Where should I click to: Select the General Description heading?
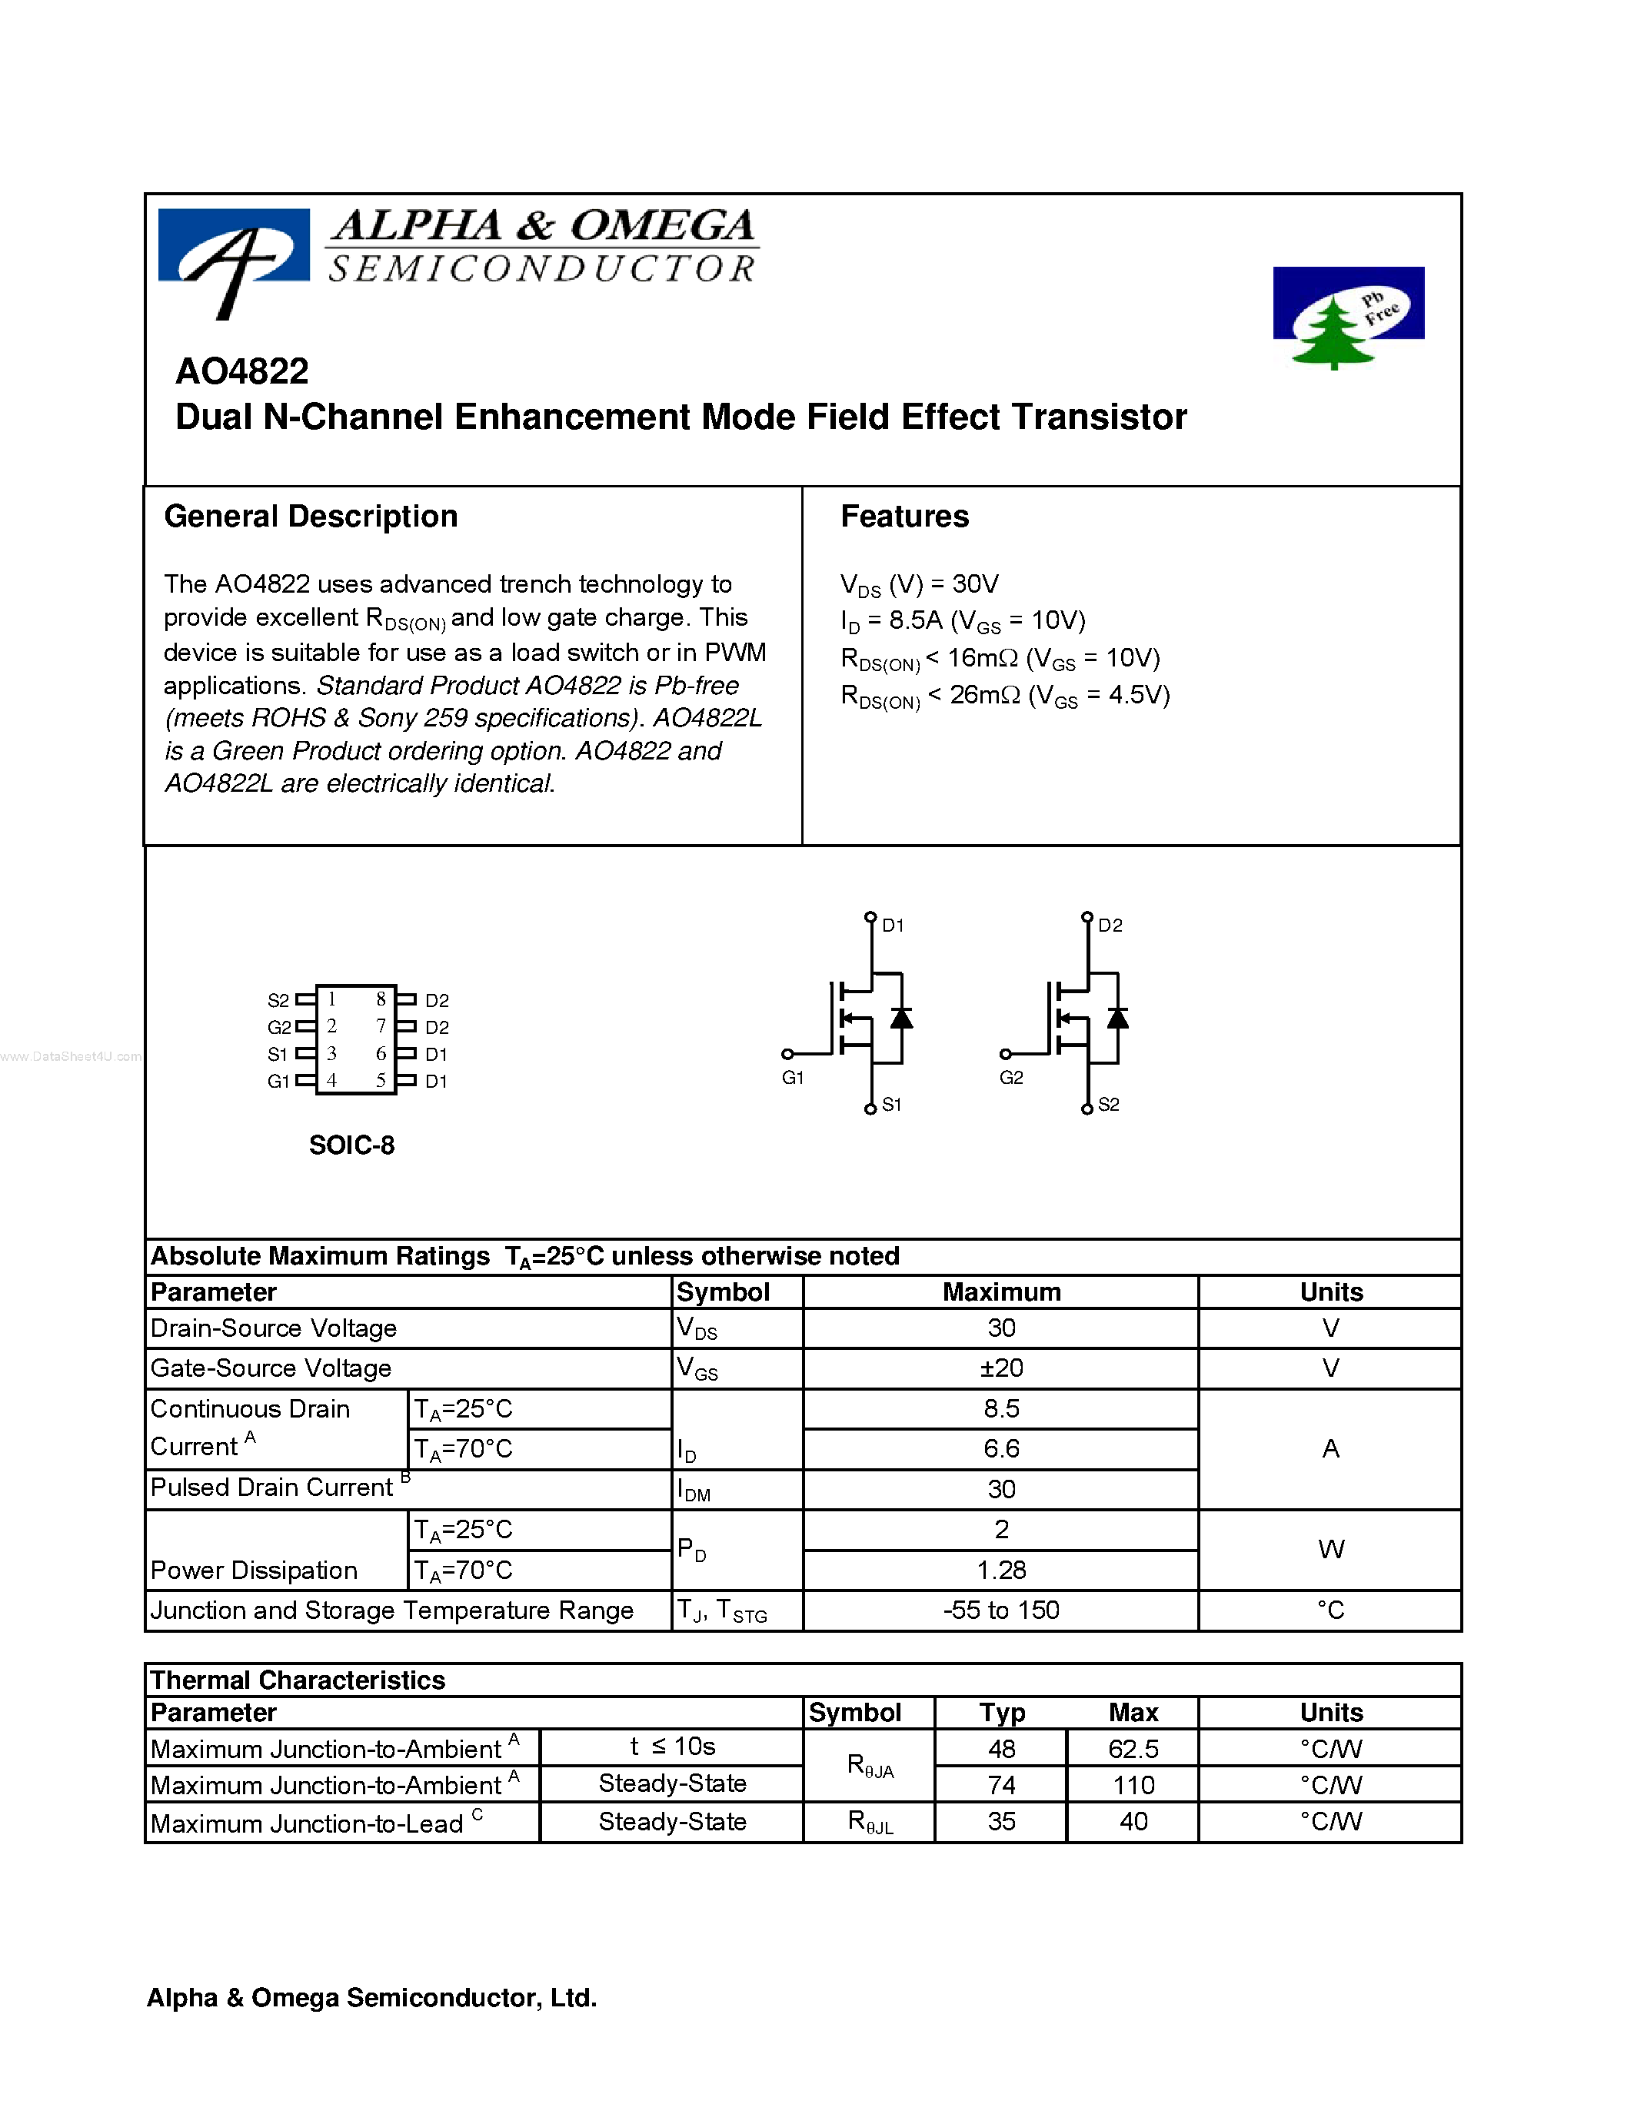pos(311,517)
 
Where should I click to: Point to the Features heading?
pos(904,517)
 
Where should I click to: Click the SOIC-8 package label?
pos(351,1145)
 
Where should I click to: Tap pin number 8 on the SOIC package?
pos(381,999)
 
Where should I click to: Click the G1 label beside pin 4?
pos(278,1081)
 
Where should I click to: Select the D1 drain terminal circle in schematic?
pos(870,916)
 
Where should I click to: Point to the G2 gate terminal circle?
pos(1006,1054)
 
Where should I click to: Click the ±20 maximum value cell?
pos(1001,1368)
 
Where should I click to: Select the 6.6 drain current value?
pos(1001,1448)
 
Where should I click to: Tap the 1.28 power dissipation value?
pos(1001,1569)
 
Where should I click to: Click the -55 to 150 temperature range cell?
pos(1001,1610)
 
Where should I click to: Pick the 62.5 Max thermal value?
pos(1133,1749)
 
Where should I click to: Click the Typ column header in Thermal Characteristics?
pos(1001,1712)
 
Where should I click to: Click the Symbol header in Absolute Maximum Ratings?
pos(723,1292)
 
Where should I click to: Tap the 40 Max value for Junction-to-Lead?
pos(1133,1822)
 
